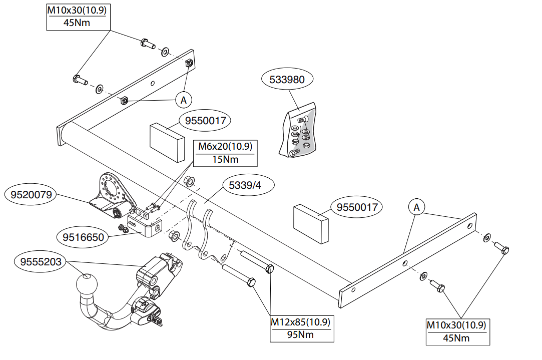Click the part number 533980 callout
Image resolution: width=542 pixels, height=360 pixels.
(287, 79)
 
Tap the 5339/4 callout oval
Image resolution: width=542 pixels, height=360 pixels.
(245, 185)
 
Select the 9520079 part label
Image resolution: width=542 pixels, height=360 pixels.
(31, 195)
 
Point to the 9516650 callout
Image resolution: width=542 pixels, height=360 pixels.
(83, 237)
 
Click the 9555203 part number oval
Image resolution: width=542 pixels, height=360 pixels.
(41, 261)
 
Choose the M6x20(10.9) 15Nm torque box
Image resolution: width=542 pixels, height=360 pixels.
(225, 153)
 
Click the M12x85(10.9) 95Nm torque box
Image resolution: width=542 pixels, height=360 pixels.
(302, 329)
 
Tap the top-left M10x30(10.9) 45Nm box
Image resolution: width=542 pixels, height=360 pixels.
(79, 17)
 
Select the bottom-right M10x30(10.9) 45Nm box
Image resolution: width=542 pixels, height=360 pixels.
(457, 332)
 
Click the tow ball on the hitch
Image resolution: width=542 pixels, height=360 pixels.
(87, 284)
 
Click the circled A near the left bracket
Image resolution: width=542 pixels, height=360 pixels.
(184, 100)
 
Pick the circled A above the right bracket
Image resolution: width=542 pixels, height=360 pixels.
(416, 207)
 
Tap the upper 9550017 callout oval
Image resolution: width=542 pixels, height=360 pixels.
(205, 120)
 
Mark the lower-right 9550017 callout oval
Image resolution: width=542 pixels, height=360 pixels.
(357, 207)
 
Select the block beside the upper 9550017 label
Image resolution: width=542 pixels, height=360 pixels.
(167, 142)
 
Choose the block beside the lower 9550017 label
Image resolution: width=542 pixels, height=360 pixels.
(311, 224)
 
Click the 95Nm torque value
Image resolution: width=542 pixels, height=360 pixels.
(300, 335)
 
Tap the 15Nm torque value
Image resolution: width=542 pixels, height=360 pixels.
(225, 159)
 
